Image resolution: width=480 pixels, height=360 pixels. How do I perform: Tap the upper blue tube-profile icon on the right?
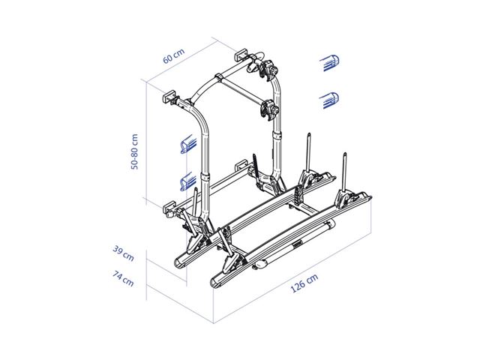coord(329,64)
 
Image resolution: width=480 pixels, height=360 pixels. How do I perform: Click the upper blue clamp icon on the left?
coord(187,144)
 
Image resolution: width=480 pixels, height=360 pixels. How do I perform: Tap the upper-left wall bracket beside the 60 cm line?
coord(171,99)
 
